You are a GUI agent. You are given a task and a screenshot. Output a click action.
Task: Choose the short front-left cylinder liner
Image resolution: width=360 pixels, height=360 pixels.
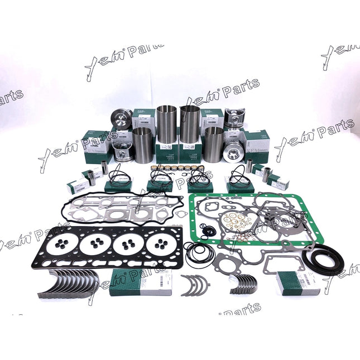[x=142, y=144]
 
